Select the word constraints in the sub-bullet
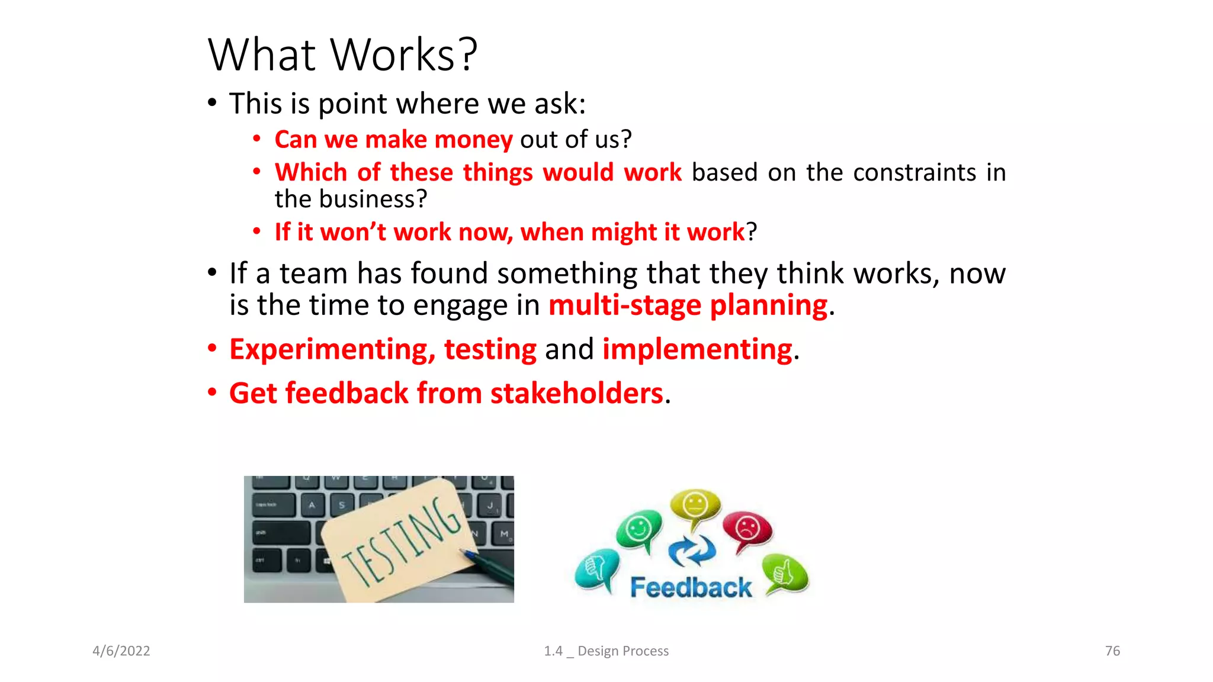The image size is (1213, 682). pos(914,173)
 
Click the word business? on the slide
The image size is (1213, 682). pos(373,200)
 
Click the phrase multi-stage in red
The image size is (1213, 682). pos(624,305)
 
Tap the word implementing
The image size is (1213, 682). pos(697,349)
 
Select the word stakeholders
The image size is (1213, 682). pos(576,394)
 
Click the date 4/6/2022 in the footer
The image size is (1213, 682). pos(121,651)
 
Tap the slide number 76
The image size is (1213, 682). pos(1112,651)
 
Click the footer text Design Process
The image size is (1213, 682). pos(622,651)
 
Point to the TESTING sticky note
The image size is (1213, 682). pos(400,542)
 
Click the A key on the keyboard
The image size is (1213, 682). pos(312,505)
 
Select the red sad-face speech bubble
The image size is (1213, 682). pos(747,527)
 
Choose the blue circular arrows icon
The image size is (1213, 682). pos(691,550)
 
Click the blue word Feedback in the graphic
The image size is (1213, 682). pos(691,587)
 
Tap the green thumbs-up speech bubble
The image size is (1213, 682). pos(785,572)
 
